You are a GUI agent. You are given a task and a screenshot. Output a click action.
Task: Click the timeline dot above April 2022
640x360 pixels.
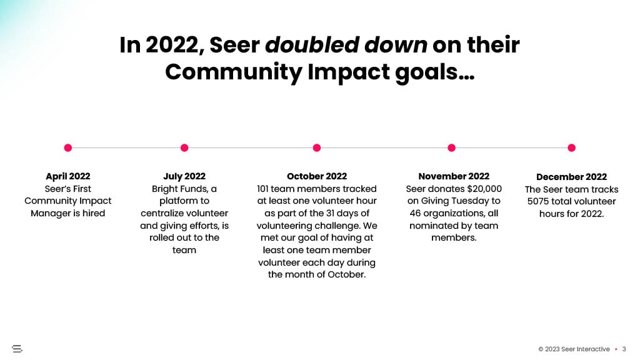pos(68,147)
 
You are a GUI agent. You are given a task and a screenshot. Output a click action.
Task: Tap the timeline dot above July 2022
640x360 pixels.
pos(184,147)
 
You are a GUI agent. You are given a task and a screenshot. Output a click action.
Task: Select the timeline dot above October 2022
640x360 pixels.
pos(317,147)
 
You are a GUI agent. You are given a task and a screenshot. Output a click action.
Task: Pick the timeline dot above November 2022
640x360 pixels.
pos(451,147)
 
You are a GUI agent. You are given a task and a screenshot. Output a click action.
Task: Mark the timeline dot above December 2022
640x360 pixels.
pos(571,147)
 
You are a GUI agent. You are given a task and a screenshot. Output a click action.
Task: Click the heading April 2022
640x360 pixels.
pos(67,176)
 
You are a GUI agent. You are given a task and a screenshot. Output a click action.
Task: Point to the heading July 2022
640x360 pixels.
pos(184,176)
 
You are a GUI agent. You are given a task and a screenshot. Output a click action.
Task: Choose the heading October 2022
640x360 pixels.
pos(317,176)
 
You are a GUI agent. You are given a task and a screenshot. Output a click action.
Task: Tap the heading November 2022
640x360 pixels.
pos(454,176)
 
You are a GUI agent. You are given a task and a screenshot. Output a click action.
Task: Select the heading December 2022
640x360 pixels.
pos(571,177)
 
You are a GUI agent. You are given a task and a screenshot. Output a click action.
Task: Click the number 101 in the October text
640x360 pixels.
pos(262,189)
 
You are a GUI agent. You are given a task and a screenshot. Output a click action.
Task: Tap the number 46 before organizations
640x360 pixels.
pos(415,213)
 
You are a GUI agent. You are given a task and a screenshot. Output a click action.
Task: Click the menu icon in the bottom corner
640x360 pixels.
pos(17,349)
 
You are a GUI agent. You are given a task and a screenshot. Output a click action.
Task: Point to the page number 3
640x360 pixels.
pos(624,349)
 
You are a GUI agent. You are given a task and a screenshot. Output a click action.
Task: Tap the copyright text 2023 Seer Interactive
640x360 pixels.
pos(577,349)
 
